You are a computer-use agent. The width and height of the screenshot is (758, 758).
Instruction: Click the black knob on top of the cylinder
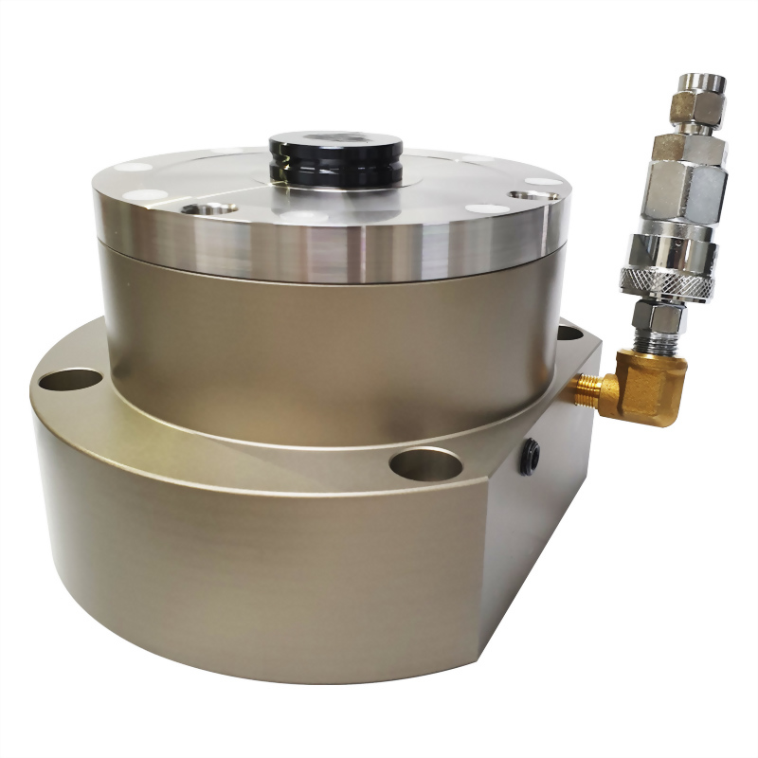click(335, 155)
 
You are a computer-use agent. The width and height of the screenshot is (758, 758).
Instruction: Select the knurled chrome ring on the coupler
click(658, 279)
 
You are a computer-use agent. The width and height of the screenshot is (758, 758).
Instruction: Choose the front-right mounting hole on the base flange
click(425, 464)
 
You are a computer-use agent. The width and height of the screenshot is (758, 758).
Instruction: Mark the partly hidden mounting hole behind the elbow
click(569, 333)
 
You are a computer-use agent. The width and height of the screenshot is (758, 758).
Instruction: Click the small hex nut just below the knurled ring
click(654, 318)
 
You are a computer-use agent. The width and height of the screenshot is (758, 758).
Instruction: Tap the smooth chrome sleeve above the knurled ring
click(663, 247)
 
